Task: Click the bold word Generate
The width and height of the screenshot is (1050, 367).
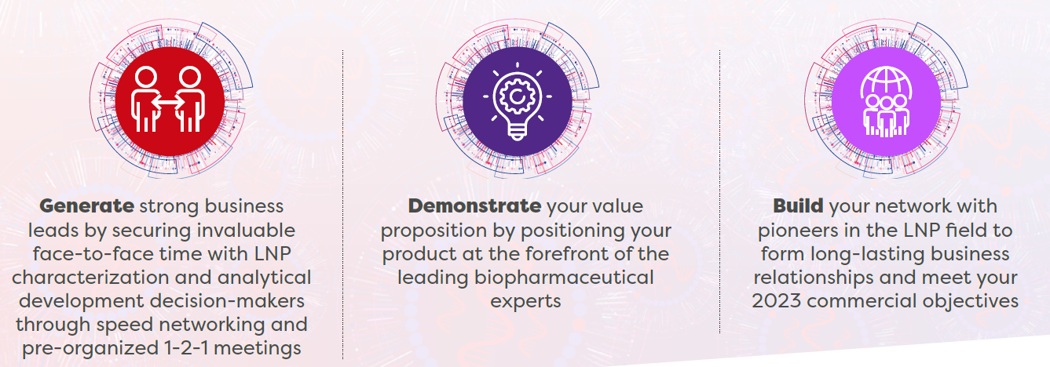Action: [86, 206]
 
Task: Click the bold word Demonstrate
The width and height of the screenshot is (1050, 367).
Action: [474, 206]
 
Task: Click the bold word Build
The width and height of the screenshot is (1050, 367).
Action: [798, 206]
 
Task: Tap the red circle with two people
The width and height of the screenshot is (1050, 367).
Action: [170, 100]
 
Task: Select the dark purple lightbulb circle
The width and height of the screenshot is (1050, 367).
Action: [517, 100]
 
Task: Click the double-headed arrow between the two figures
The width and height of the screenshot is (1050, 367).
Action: [169, 101]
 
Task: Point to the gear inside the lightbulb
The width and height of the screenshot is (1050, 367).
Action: [517, 96]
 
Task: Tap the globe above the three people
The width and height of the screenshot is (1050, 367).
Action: [886, 83]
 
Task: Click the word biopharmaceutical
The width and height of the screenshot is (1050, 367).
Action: [564, 278]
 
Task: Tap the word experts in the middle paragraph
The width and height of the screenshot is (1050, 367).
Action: [525, 302]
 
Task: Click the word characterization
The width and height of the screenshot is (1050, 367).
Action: [90, 278]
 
